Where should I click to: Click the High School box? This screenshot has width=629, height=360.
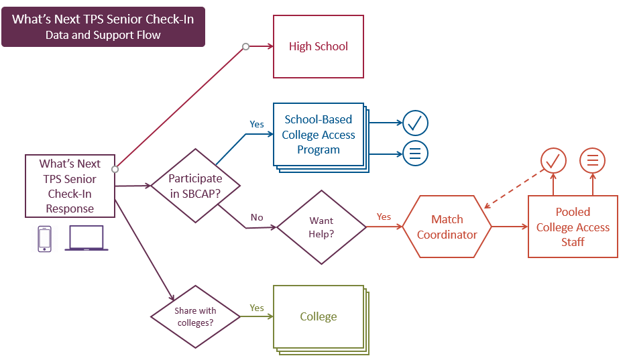319,46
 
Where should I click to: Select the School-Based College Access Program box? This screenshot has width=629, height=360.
319,134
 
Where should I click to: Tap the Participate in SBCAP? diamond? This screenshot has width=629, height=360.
195,186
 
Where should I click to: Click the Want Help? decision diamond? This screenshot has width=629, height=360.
321,227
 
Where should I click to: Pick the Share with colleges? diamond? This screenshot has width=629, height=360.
195,317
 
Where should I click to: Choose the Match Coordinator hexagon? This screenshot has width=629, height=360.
447,227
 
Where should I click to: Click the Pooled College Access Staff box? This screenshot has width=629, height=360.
573,227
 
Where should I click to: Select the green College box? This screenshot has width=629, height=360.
319,316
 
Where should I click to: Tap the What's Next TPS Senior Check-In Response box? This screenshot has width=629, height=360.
70,186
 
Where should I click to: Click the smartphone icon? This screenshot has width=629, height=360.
45,239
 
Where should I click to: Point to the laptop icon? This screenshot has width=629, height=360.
87,239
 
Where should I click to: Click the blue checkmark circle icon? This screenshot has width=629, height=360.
415,123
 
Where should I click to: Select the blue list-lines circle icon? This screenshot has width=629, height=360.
415,153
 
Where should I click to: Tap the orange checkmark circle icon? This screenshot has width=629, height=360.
553,161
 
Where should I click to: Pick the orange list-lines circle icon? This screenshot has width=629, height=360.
593,161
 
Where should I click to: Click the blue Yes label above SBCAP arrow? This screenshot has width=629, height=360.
257,124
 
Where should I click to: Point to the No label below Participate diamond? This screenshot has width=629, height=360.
257,217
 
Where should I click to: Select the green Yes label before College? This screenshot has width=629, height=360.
257,308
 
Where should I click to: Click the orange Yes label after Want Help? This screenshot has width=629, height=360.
384,217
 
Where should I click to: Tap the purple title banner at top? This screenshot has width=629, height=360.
103,27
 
